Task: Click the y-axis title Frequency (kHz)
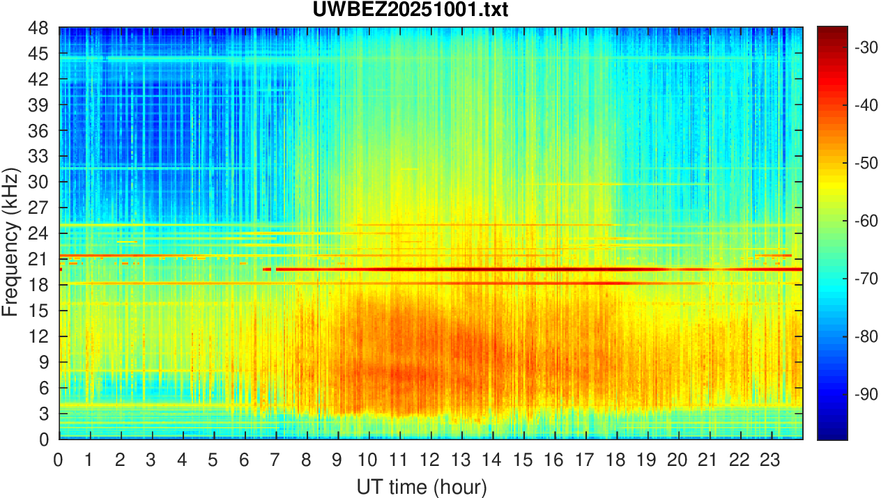[x=10, y=233]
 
